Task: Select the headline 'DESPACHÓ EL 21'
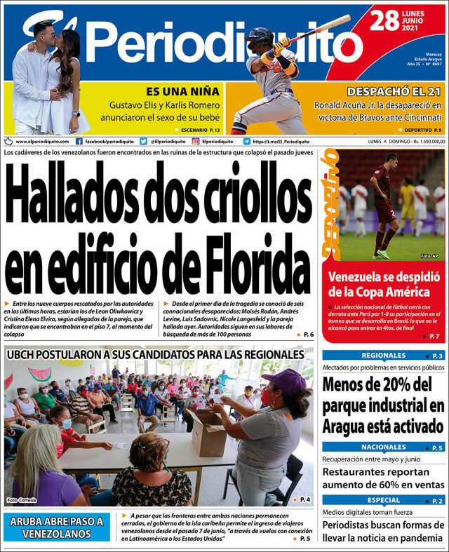pos(394,91)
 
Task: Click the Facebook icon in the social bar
pos(79,141)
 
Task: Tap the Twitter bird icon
pos(143,141)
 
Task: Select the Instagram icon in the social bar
pos(196,141)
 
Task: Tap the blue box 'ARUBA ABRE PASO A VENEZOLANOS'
pos(56,527)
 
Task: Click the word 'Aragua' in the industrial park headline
pos(345,426)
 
